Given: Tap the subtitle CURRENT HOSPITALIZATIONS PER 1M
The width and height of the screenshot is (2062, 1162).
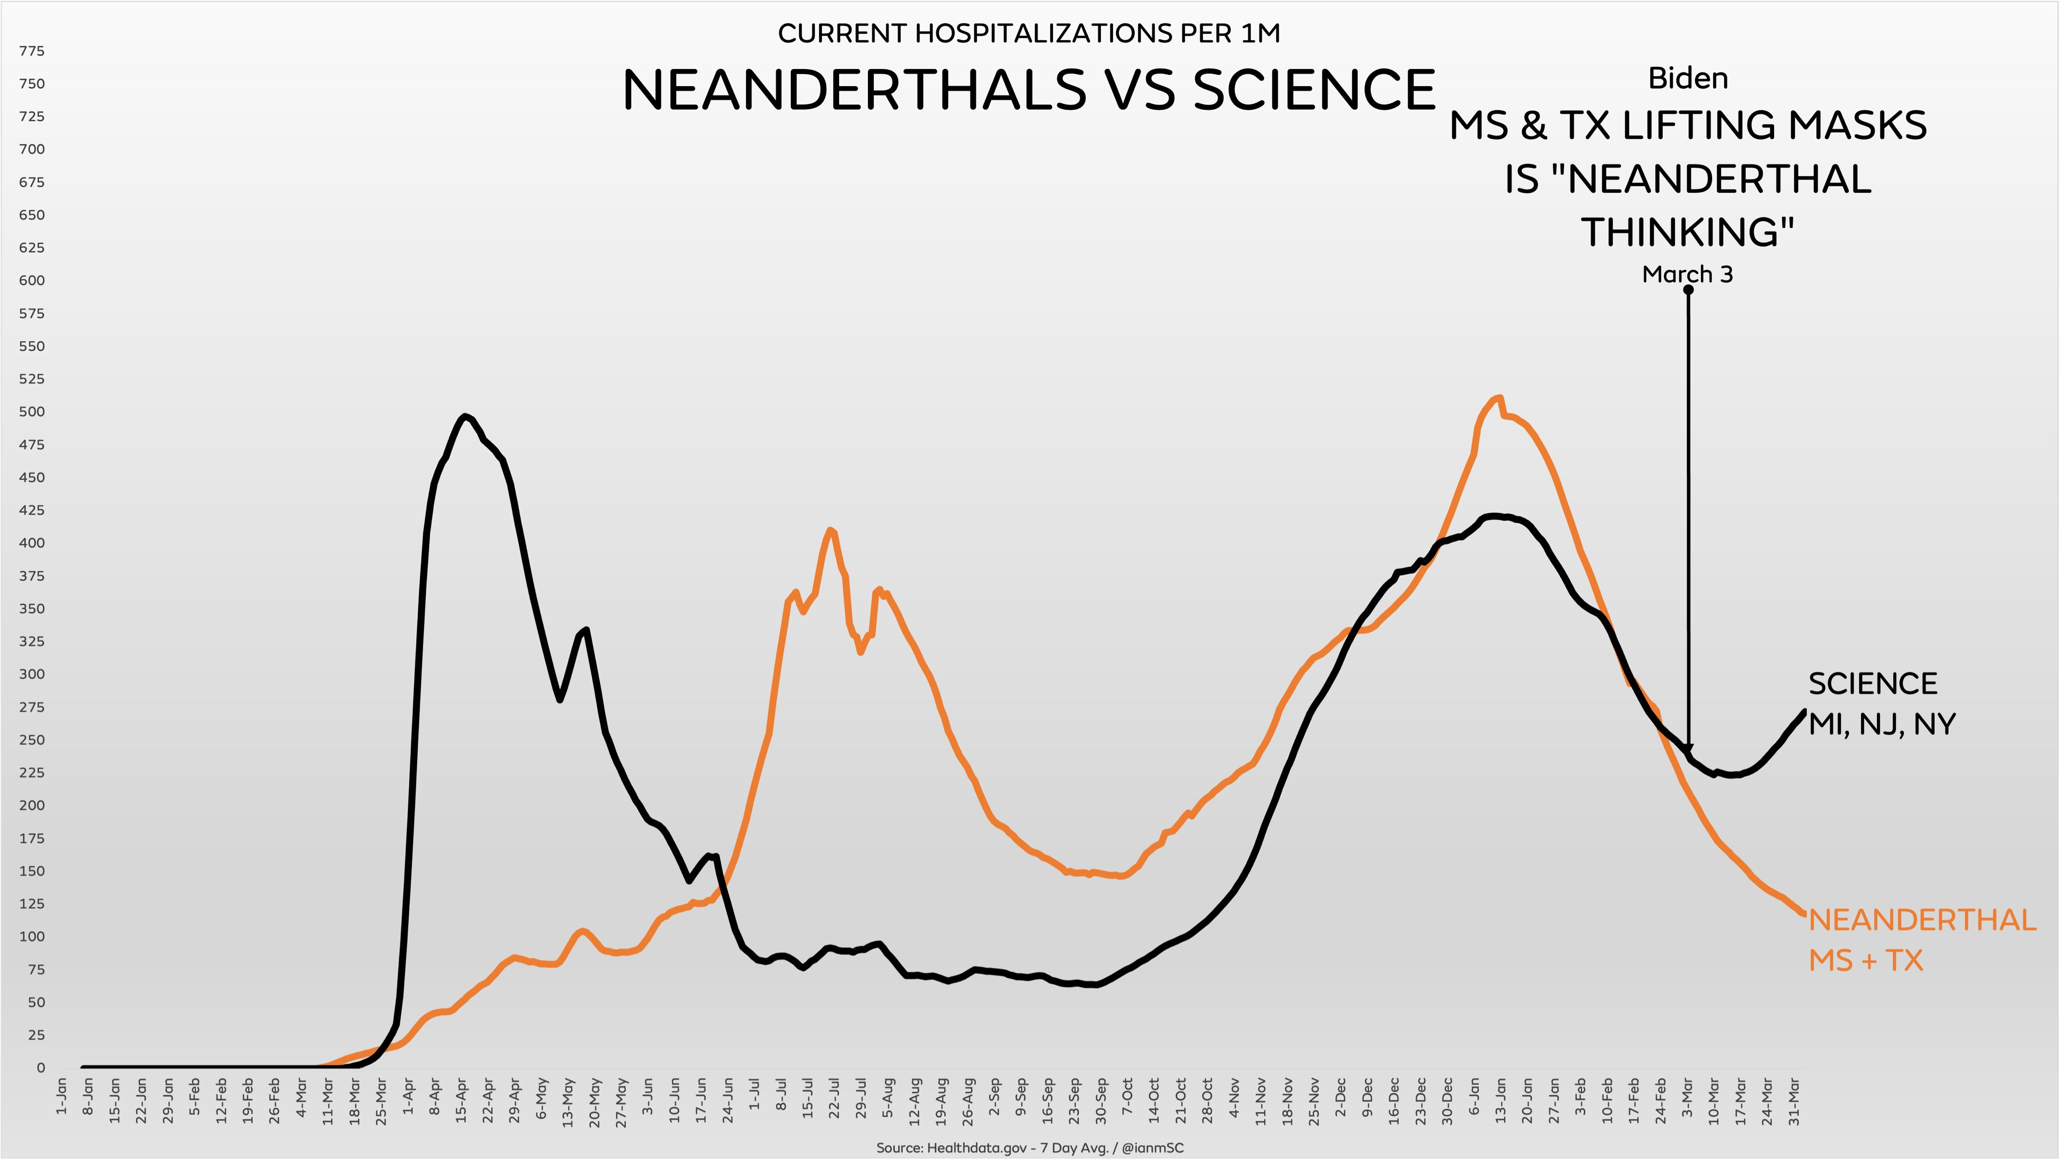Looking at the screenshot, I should tap(1028, 34).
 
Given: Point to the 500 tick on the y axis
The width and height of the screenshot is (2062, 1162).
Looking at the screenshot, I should tap(32, 412).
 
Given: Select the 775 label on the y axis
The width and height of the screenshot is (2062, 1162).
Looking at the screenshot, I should tap(32, 51).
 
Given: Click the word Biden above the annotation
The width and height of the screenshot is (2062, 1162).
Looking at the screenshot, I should tap(1688, 79).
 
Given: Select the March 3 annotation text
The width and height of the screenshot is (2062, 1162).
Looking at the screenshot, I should tap(1687, 274).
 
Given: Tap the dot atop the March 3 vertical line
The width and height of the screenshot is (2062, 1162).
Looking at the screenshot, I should tap(1688, 290).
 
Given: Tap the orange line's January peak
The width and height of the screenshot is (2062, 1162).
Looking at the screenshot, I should tap(1499, 398).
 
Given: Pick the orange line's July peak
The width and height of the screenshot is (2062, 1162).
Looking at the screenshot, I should tap(831, 530).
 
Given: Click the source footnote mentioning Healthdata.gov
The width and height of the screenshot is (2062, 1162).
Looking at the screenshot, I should tap(1029, 1147).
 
